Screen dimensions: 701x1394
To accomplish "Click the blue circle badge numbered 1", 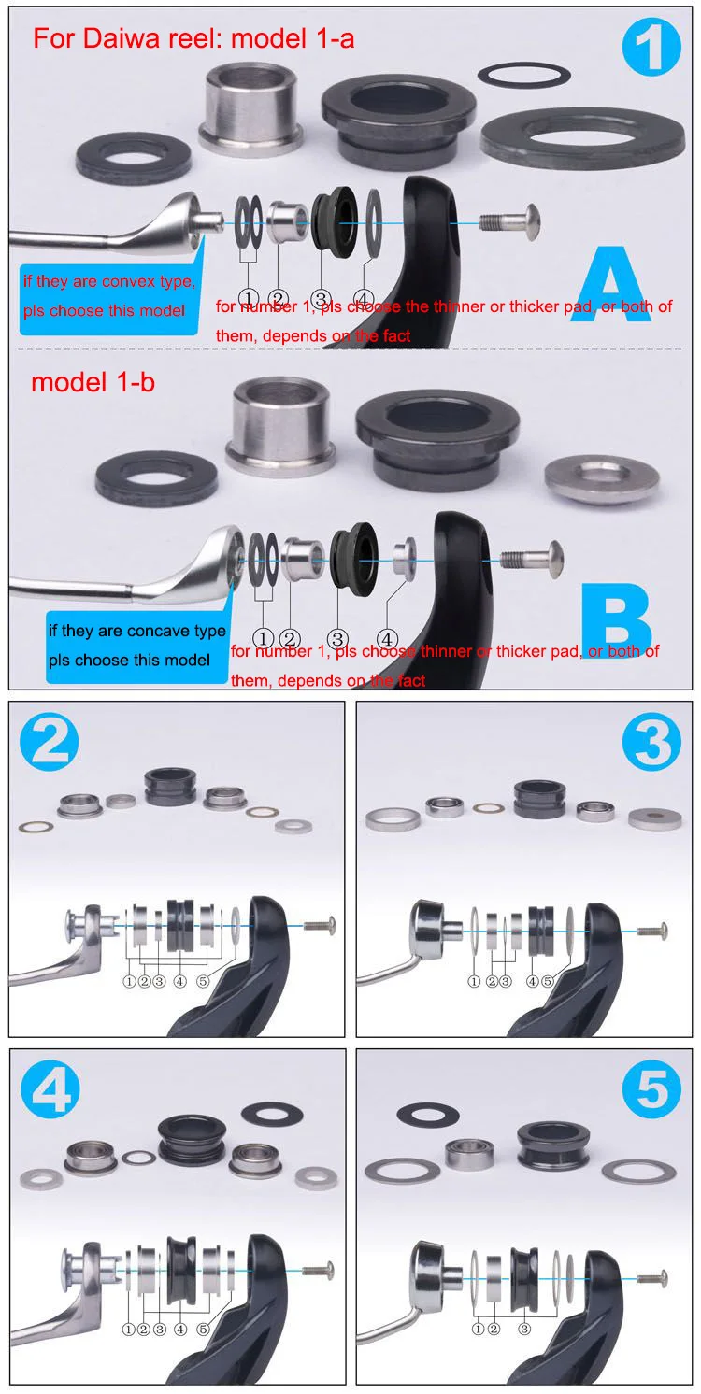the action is click(x=651, y=46).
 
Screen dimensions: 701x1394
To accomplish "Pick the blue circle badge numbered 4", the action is click(x=50, y=1089).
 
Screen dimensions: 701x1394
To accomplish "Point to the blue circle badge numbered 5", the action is click(x=651, y=1089).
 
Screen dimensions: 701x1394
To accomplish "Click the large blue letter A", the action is click(x=611, y=284).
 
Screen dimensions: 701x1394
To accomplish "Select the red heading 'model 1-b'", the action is click(x=93, y=382).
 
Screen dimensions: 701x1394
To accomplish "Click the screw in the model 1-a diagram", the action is click(x=510, y=222).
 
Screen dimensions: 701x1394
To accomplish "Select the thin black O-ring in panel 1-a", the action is click(x=524, y=76).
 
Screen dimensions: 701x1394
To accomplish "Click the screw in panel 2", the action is click(x=321, y=925).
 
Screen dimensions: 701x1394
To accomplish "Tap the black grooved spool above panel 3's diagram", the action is click(x=540, y=800).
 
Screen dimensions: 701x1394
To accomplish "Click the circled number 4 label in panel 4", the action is click(x=179, y=1329).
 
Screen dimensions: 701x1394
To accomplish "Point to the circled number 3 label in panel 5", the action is click(x=524, y=1328).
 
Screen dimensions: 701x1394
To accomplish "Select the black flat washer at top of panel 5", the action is click(x=428, y=1113).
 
